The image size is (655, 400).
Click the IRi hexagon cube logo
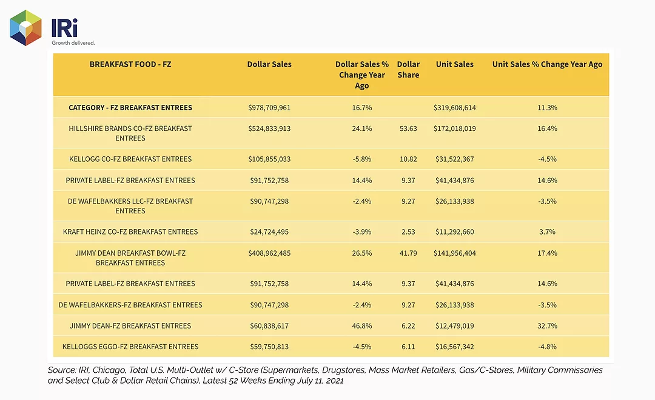[26, 27]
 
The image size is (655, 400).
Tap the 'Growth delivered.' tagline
[73, 42]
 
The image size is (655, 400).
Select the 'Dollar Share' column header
[408, 69]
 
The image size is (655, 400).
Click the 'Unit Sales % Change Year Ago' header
[547, 64]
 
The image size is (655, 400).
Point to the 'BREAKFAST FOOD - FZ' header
[130, 64]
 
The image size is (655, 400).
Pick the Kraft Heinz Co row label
[130, 232]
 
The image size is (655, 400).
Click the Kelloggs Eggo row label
[130, 347]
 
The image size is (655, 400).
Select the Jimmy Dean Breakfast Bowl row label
[130, 258]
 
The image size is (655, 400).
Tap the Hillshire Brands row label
[130, 133]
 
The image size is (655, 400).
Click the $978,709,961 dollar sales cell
[269, 108]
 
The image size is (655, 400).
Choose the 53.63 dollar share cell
[408, 128]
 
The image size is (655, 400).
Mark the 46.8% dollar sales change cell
[361, 325]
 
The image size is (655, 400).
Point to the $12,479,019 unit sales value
[454, 325]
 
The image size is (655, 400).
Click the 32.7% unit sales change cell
[547, 325]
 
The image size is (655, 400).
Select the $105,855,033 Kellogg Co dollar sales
[269, 159]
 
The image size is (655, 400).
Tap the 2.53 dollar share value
[408, 232]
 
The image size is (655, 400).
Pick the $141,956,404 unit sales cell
[454, 253]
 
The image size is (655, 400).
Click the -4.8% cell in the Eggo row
[547, 347]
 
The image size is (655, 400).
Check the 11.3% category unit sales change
[547, 108]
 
